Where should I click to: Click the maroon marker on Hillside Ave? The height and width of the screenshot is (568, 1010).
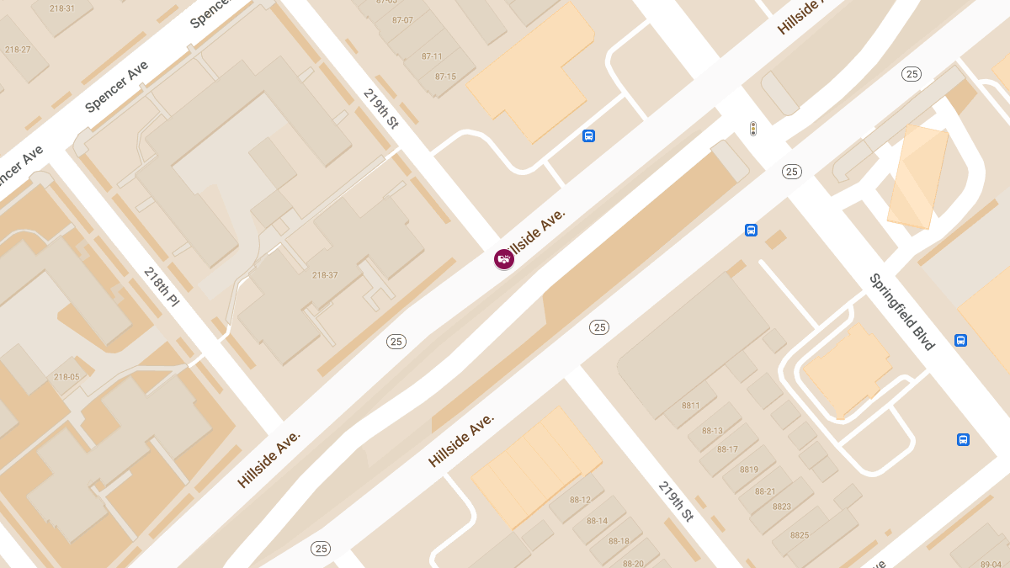pos(504,259)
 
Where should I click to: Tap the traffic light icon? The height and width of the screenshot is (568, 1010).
pos(753,129)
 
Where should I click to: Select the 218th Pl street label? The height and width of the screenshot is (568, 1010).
pos(162,287)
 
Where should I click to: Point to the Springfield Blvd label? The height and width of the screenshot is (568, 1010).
pos(901,311)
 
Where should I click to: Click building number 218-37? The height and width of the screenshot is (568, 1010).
pos(325,275)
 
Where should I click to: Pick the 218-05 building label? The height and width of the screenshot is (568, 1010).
pos(66,377)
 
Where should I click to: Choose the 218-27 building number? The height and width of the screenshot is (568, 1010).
pos(18,50)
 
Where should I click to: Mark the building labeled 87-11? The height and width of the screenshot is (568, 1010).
pos(432,56)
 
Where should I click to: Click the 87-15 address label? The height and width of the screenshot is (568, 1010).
pos(445,77)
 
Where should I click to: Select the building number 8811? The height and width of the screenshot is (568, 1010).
pos(690,406)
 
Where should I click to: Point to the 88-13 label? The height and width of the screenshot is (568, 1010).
pos(712,431)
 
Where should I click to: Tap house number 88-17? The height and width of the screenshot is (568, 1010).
pos(727,449)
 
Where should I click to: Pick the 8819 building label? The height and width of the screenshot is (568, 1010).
pos(748,470)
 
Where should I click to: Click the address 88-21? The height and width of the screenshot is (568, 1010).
pos(765,491)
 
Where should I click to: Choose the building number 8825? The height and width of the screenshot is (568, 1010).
pos(799,535)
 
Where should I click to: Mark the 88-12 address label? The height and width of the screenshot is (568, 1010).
pos(579,500)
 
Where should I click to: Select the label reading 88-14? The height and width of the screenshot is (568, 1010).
pos(597,521)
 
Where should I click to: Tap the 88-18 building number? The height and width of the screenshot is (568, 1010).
pos(619,541)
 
